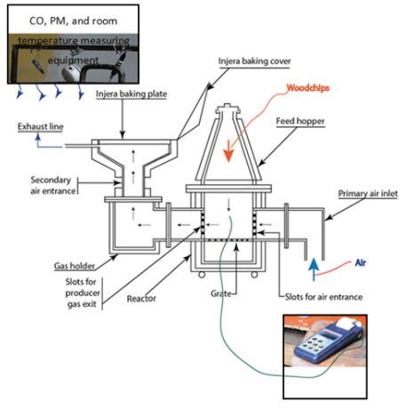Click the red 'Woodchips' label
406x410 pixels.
click(x=308, y=88)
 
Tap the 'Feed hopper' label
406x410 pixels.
click(x=300, y=121)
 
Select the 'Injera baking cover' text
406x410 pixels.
click(x=254, y=61)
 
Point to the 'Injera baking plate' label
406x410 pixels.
click(x=131, y=94)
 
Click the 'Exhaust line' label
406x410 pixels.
click(x=41, y=126)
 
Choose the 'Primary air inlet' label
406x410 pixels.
click(x=368, y=194)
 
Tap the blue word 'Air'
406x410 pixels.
click(x=361, y=262)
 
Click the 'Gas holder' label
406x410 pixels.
click(x=75, y=266)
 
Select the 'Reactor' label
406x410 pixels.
click(x=141, y=299)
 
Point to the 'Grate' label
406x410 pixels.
click(x=221, y=293)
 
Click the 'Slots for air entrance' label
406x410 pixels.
click(x=323, y=297)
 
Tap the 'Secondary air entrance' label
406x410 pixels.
click(x=53, y=185)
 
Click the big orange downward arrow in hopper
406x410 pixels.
click(x=228, y=151)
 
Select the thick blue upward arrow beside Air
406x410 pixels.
click(x=314, y=269)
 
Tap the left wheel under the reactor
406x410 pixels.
click(x=202, y=275)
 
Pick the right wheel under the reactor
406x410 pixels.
click(x=254, y=275)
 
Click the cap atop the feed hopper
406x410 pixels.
click(x=227, y=109)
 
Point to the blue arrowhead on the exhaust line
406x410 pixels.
click(x=38, y=137)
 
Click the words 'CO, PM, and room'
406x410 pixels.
click(x=73, y=21)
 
